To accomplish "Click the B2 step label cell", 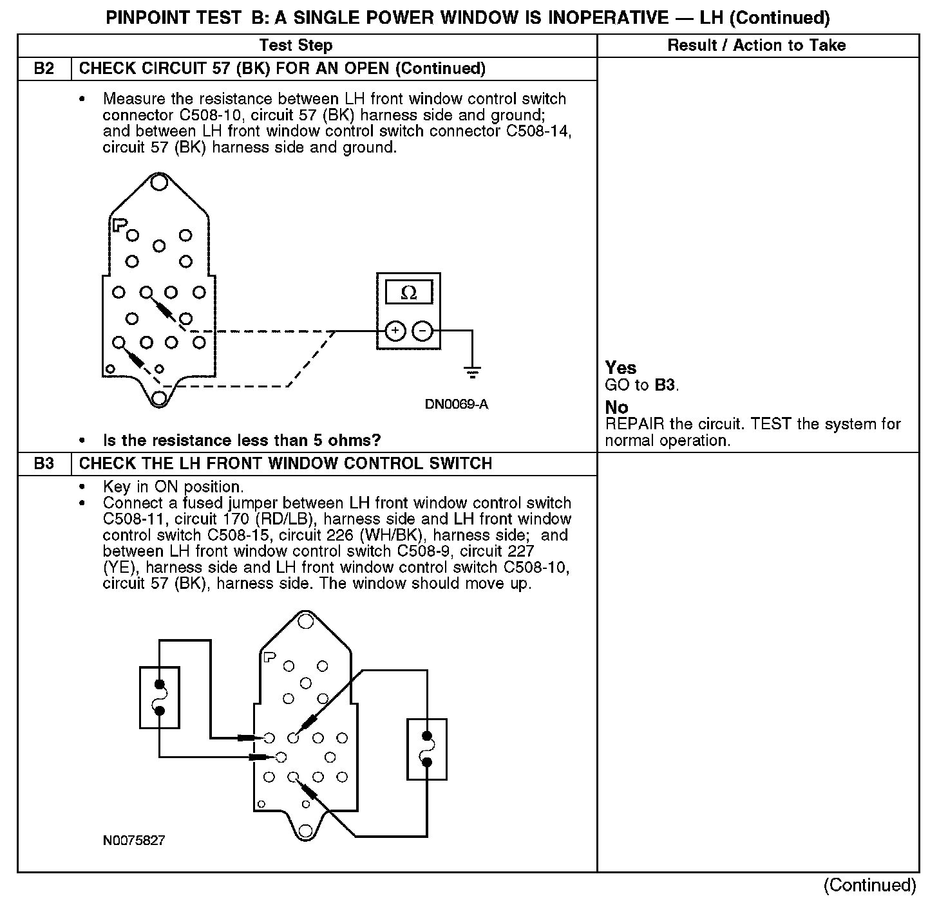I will pyautogui.click(x=44, y=69).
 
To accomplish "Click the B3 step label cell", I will pyautogui.click(x=44, y=464).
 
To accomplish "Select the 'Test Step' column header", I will pyautogui.click(x=296, y=46).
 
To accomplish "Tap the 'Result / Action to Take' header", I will pyautogui.click(x=757, y=46).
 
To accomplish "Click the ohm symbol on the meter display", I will pyautogui.click(x=408, y=293).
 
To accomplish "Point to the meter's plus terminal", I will pyautogui.click(x=395, y=331).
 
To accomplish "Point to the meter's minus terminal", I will pyautogui.click(x=422, y=331).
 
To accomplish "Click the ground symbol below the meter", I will pyautogui.click(x=472, y=371).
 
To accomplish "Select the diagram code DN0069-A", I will pyautogui.click(x=456, y=405).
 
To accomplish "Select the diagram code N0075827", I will pyautogui.click(x=134, y=840).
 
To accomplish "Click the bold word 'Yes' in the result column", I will pyautogui.click(x=621, y=368).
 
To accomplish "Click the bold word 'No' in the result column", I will pyautogui.click(x=616, y=407).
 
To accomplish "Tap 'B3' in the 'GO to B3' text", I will pyautogui.click(x=665, y=385).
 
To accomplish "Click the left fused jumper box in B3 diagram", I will pyautogui.click(x=160, y=698).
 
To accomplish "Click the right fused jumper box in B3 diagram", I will pyautogui.click(x=426, y=749).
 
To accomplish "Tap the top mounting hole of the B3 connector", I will pyautogui.click(x=305, y=621).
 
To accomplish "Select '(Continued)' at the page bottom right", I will pyautogui.click(x=869, y=886).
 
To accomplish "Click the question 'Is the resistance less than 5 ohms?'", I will pyautogui.click(x=242, y=441).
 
